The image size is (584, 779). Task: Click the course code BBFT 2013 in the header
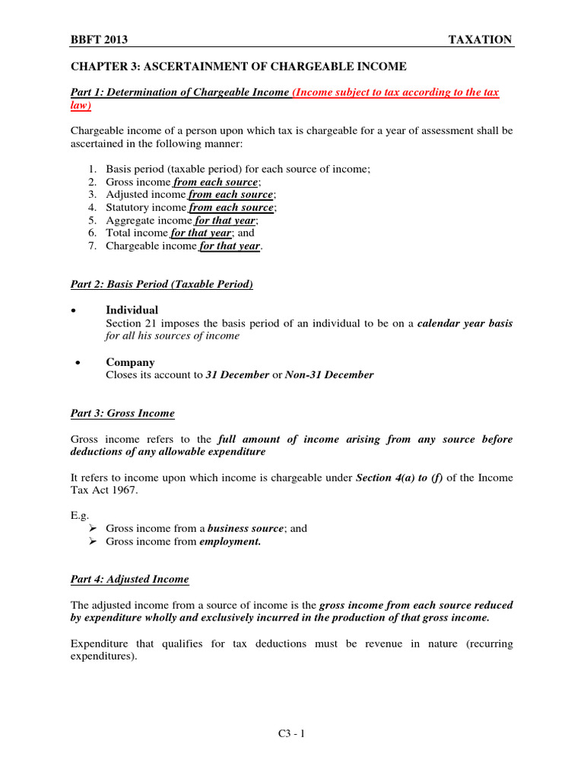pyautogui.click(x=101, y=40)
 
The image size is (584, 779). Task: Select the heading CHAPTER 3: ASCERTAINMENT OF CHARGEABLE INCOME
pyautogui.click(x=239, y=66)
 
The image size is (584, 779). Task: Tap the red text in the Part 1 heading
pyautogui.click(x=395, y=93)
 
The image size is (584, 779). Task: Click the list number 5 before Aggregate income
pyautogui.click(x=91, y=220)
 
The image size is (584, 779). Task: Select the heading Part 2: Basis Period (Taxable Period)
pyautogui.click(x=161, y=285)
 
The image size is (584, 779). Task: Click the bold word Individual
pyautogui.click(x=132, y=310)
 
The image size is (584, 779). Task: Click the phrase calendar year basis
pyautogui.click(x=465, y=323)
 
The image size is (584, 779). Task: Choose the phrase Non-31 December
pyautogui.click(x=329, y=375)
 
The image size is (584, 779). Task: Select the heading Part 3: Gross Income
pyautogui.click(x=122, y=413)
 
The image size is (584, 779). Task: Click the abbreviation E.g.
pyautogui.click(x=80, y=516)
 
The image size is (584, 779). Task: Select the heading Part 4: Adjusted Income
pyautogui.click(x=129, y=579)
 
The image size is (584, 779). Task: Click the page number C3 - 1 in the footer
pyautogui.click(x=292, y=734)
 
